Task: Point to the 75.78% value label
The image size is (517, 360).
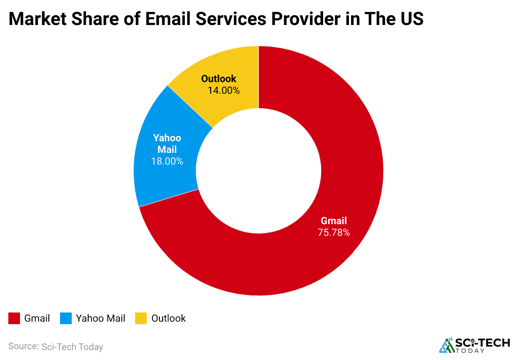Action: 334,232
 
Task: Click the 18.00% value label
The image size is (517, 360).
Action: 167,161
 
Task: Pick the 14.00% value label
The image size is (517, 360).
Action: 224,90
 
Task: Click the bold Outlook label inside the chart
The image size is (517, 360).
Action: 218,79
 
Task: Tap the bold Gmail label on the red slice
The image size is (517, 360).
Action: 334,221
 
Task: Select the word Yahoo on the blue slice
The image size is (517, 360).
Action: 167,138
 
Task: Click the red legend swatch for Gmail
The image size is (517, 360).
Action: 14,319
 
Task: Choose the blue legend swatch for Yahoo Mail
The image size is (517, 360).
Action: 66,319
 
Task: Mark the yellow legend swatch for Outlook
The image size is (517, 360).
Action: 141,319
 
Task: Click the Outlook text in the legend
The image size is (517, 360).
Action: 168,319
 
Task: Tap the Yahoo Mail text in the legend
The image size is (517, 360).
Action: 100,319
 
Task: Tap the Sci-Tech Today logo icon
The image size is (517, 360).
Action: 447,345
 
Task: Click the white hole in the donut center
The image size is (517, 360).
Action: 258,171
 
